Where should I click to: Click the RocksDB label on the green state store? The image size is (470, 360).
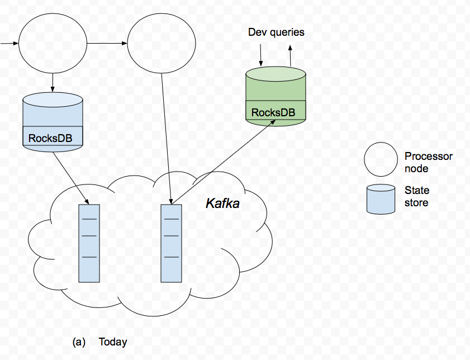tap(273, 112)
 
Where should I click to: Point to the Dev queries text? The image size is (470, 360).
tap(276, 32)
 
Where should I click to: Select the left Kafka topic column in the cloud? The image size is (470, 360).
tap(89, 243)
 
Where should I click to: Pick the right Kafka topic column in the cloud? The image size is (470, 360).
tap(172, 243)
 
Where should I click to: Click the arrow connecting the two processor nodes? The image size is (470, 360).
tap(106, 43)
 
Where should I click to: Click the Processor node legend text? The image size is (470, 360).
tap(428, 162)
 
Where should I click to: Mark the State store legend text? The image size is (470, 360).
tap(417, 196)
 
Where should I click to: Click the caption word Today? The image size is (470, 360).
tap(113, 342)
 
